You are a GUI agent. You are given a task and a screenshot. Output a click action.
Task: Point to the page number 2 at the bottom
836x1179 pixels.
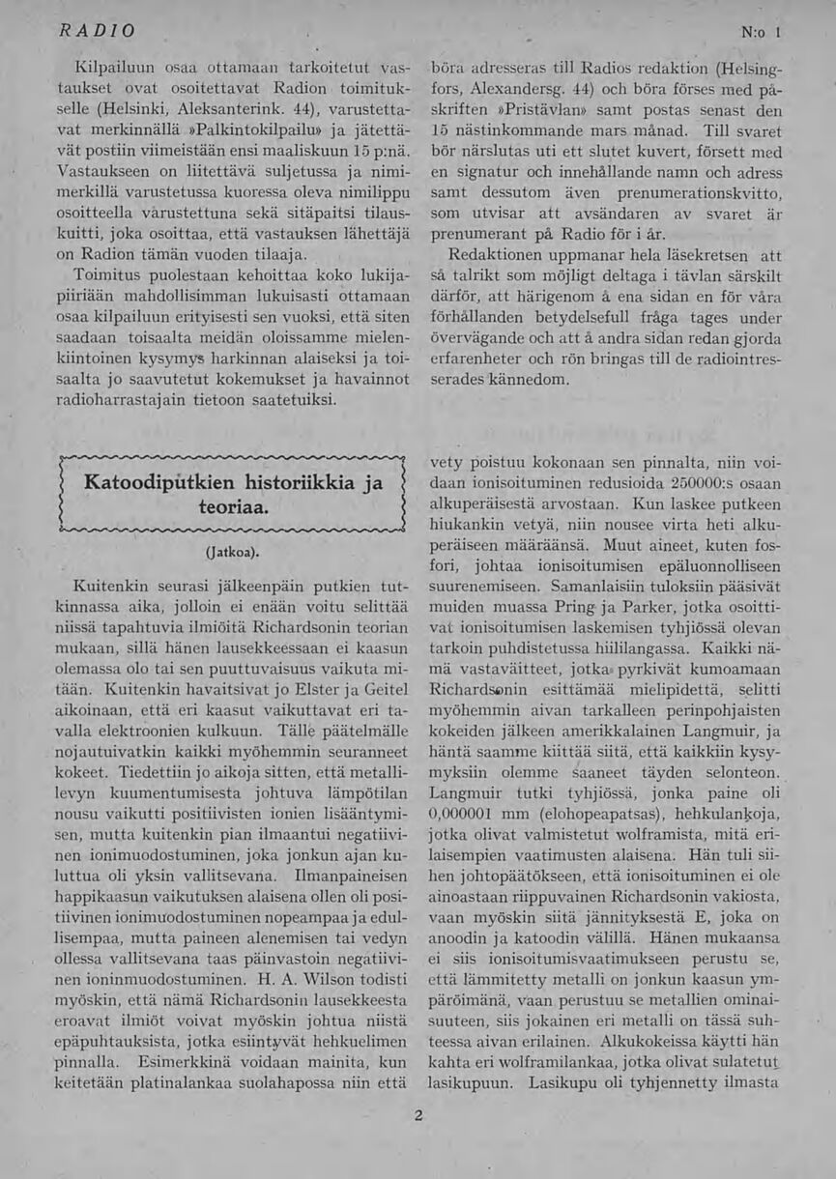418,1115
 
